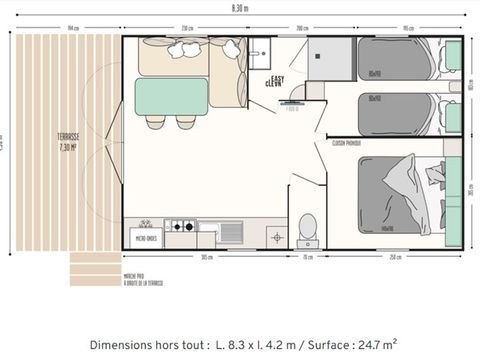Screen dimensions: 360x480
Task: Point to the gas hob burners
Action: pos(180,227)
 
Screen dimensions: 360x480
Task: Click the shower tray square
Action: pos(330,59)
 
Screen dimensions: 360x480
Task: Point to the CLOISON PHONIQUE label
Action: pos(346,143)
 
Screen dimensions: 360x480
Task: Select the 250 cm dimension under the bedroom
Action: pos(396,257)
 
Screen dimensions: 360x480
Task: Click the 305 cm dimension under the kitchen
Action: pos(206,257)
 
